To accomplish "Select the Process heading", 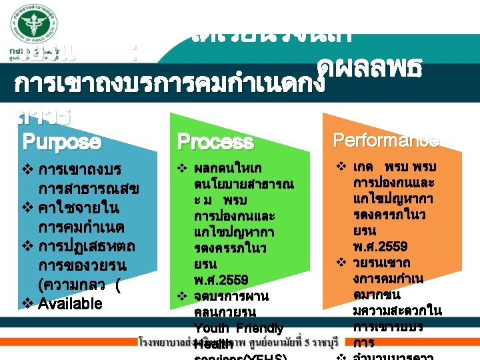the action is [215, 142].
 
